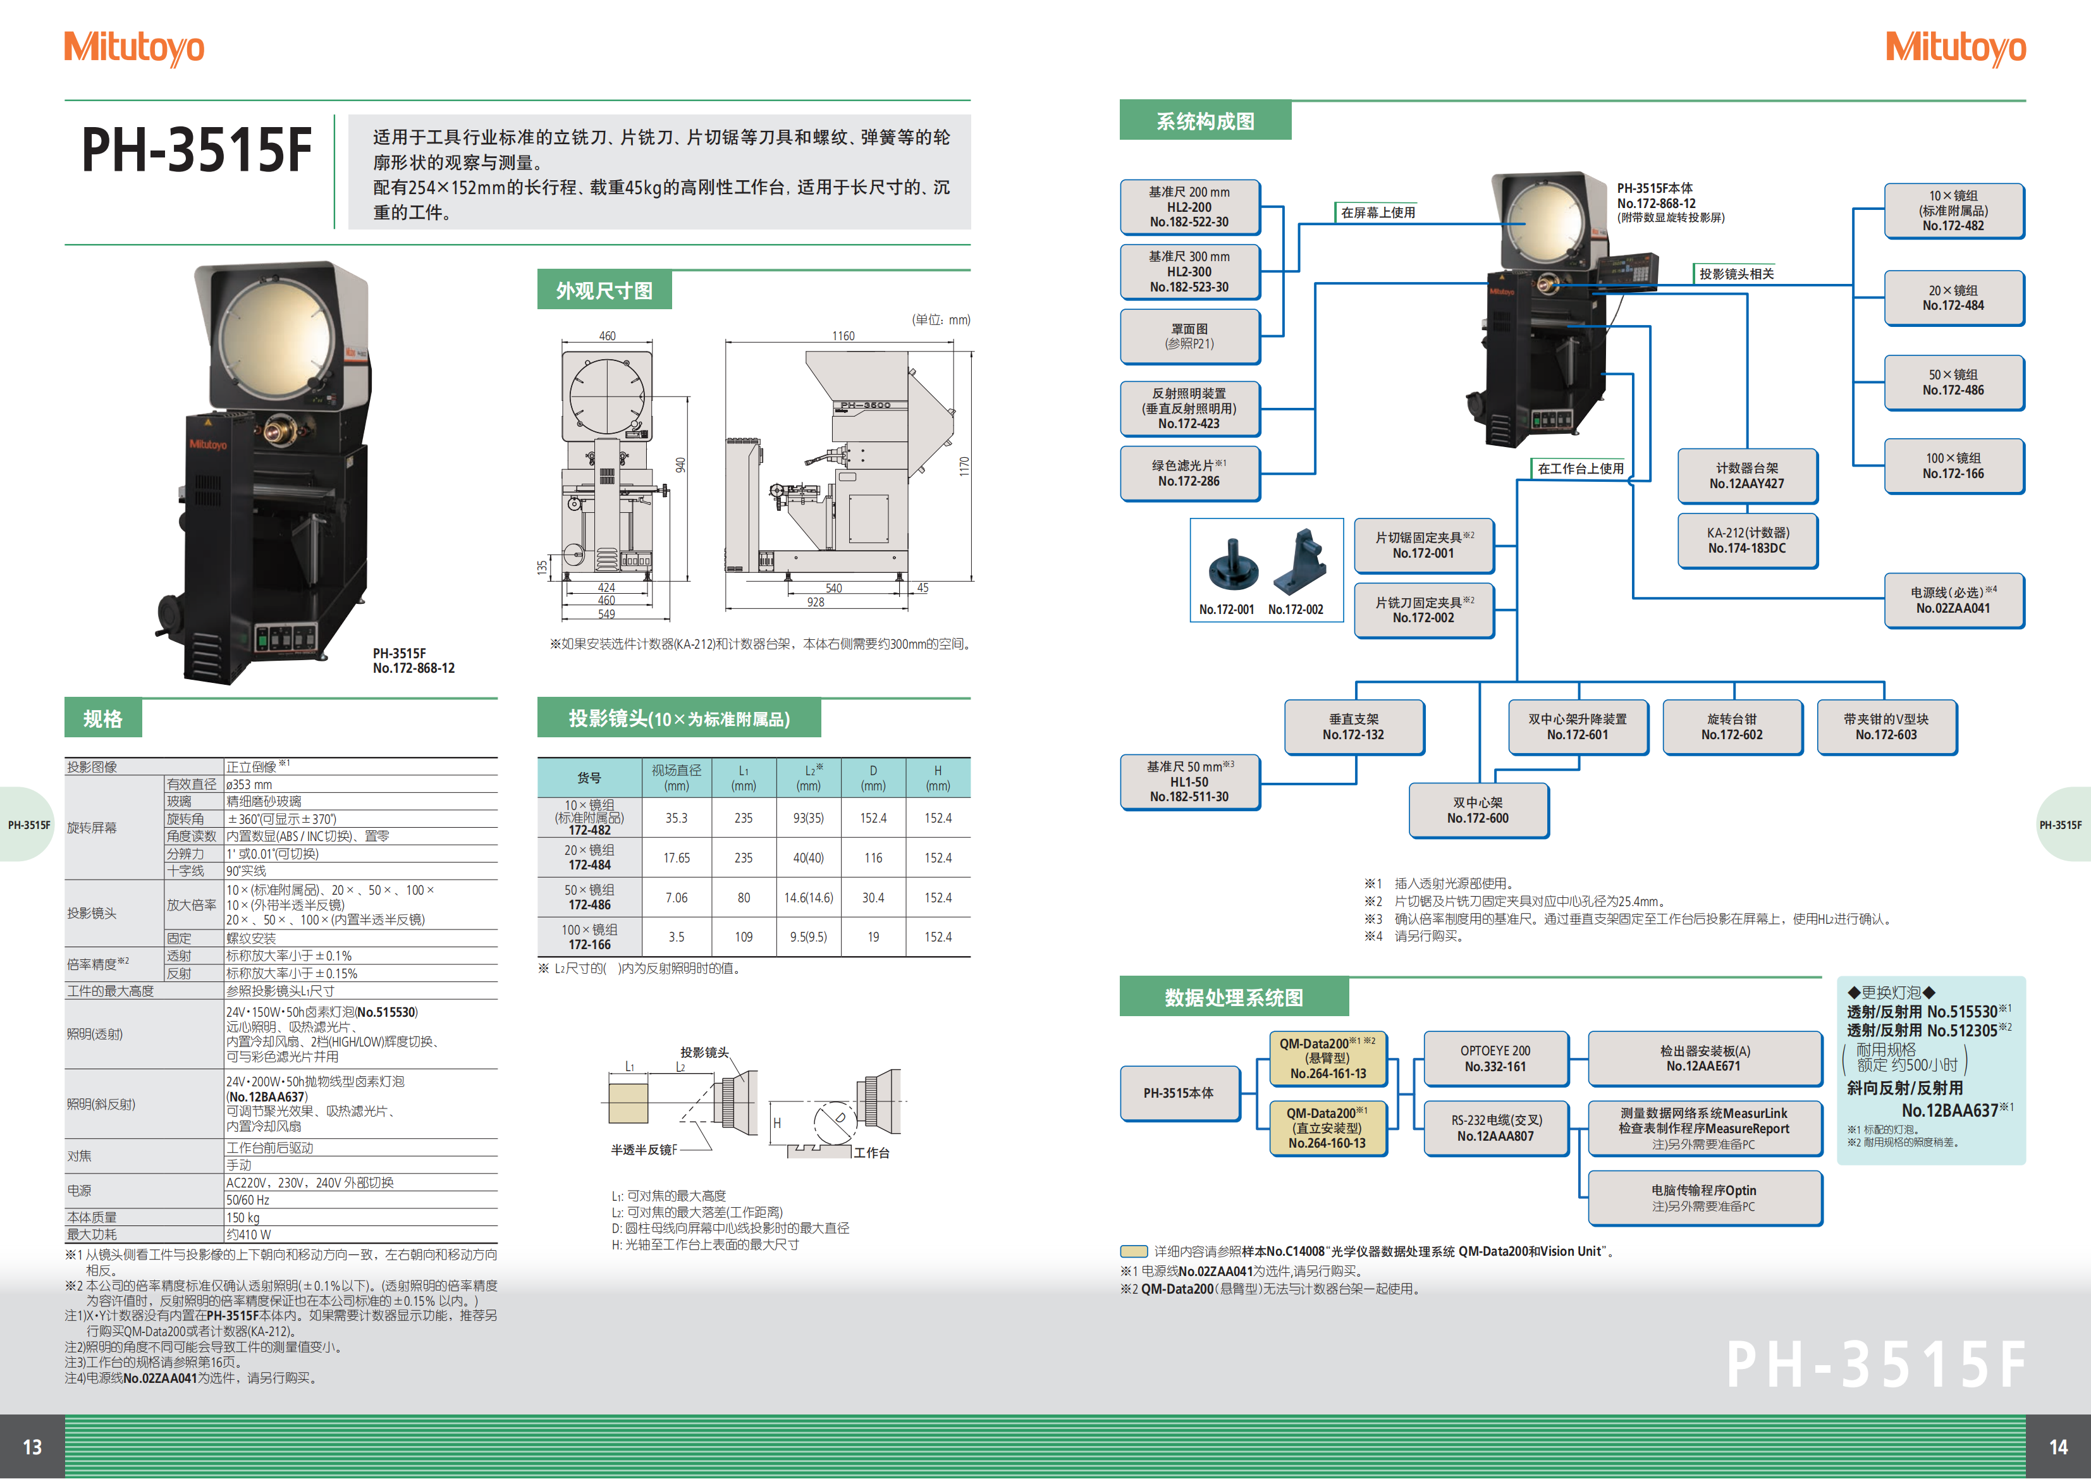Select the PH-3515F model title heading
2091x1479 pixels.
197,150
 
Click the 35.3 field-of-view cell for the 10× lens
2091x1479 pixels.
677,818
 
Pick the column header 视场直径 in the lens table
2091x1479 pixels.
677,777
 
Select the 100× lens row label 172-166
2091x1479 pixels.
589,945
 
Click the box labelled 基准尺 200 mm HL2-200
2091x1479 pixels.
1189,207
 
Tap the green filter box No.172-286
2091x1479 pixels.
1189,473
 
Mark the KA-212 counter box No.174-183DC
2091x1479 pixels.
1747,540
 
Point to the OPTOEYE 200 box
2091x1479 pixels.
1495,1059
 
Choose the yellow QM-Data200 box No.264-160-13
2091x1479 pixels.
1327,1127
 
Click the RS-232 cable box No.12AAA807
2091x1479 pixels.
1495,1127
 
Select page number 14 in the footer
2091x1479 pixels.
2058,1447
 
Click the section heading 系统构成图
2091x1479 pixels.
1205,121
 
